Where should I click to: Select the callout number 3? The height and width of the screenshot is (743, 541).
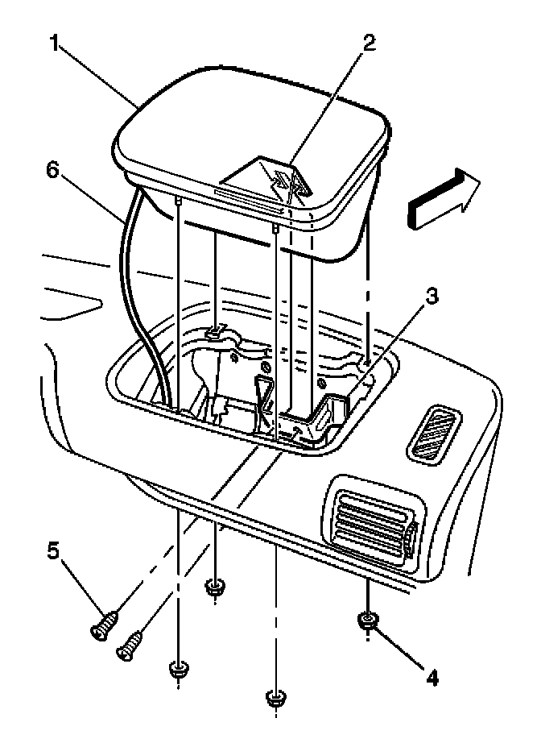coord(432,297)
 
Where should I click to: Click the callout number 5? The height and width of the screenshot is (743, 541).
coord(52,553)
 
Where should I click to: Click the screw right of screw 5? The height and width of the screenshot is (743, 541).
coord(132,644)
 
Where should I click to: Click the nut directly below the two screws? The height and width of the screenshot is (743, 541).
coord(177,668)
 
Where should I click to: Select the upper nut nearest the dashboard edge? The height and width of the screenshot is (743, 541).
coord(213,586)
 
